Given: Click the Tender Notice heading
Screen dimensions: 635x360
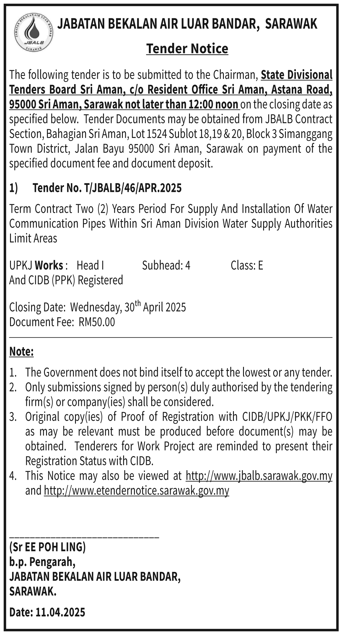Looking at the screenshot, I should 187,49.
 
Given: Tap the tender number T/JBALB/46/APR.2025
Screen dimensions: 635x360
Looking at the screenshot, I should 133,188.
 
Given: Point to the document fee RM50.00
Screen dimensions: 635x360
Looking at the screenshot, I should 97,322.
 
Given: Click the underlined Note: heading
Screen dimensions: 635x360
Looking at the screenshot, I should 21,352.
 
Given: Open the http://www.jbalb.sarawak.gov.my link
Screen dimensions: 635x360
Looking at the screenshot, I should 259,476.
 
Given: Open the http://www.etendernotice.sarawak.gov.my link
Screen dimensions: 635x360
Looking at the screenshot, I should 136,491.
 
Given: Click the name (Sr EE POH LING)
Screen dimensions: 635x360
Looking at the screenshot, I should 48,547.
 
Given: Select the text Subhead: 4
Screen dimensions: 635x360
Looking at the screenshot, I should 166,266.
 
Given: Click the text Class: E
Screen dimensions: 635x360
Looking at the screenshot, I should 247,266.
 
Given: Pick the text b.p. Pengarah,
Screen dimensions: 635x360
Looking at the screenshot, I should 42,562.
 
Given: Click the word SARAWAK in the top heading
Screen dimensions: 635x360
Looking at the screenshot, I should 291,24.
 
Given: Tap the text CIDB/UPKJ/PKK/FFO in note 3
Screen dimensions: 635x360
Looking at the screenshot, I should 287,417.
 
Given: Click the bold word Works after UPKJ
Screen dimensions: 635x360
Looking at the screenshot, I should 49,266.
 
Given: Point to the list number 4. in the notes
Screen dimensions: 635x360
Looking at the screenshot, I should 12,476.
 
